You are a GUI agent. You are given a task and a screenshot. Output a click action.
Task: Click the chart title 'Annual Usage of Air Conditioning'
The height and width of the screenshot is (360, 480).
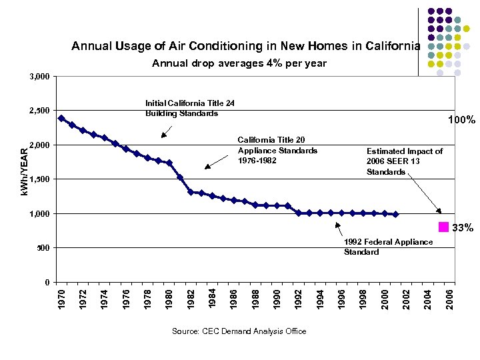246,47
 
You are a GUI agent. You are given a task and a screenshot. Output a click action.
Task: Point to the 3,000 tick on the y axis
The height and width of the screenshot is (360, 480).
39,77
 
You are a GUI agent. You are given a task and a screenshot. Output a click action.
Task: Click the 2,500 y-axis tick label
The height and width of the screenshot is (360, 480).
39,111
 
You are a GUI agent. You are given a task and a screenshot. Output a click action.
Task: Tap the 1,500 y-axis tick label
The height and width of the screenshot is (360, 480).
39,179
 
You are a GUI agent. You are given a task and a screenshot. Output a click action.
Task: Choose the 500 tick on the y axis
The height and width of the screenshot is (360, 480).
42,248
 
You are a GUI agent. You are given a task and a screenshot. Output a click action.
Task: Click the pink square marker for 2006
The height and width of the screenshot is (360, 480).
443,227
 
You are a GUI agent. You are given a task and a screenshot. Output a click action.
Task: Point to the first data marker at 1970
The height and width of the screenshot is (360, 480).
61,118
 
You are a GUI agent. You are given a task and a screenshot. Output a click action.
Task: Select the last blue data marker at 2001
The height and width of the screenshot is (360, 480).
395,215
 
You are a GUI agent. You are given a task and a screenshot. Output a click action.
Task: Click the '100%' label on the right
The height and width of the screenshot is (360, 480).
461,121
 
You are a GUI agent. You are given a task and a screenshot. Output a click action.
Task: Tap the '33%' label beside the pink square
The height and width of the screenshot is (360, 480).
463,229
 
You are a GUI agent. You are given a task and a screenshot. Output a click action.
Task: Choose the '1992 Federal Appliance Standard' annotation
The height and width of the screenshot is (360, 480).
388,247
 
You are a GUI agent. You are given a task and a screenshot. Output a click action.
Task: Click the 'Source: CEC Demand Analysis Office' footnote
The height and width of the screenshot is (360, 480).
239,331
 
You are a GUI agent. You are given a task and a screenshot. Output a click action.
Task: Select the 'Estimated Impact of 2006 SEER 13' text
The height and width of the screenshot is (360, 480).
405,161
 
